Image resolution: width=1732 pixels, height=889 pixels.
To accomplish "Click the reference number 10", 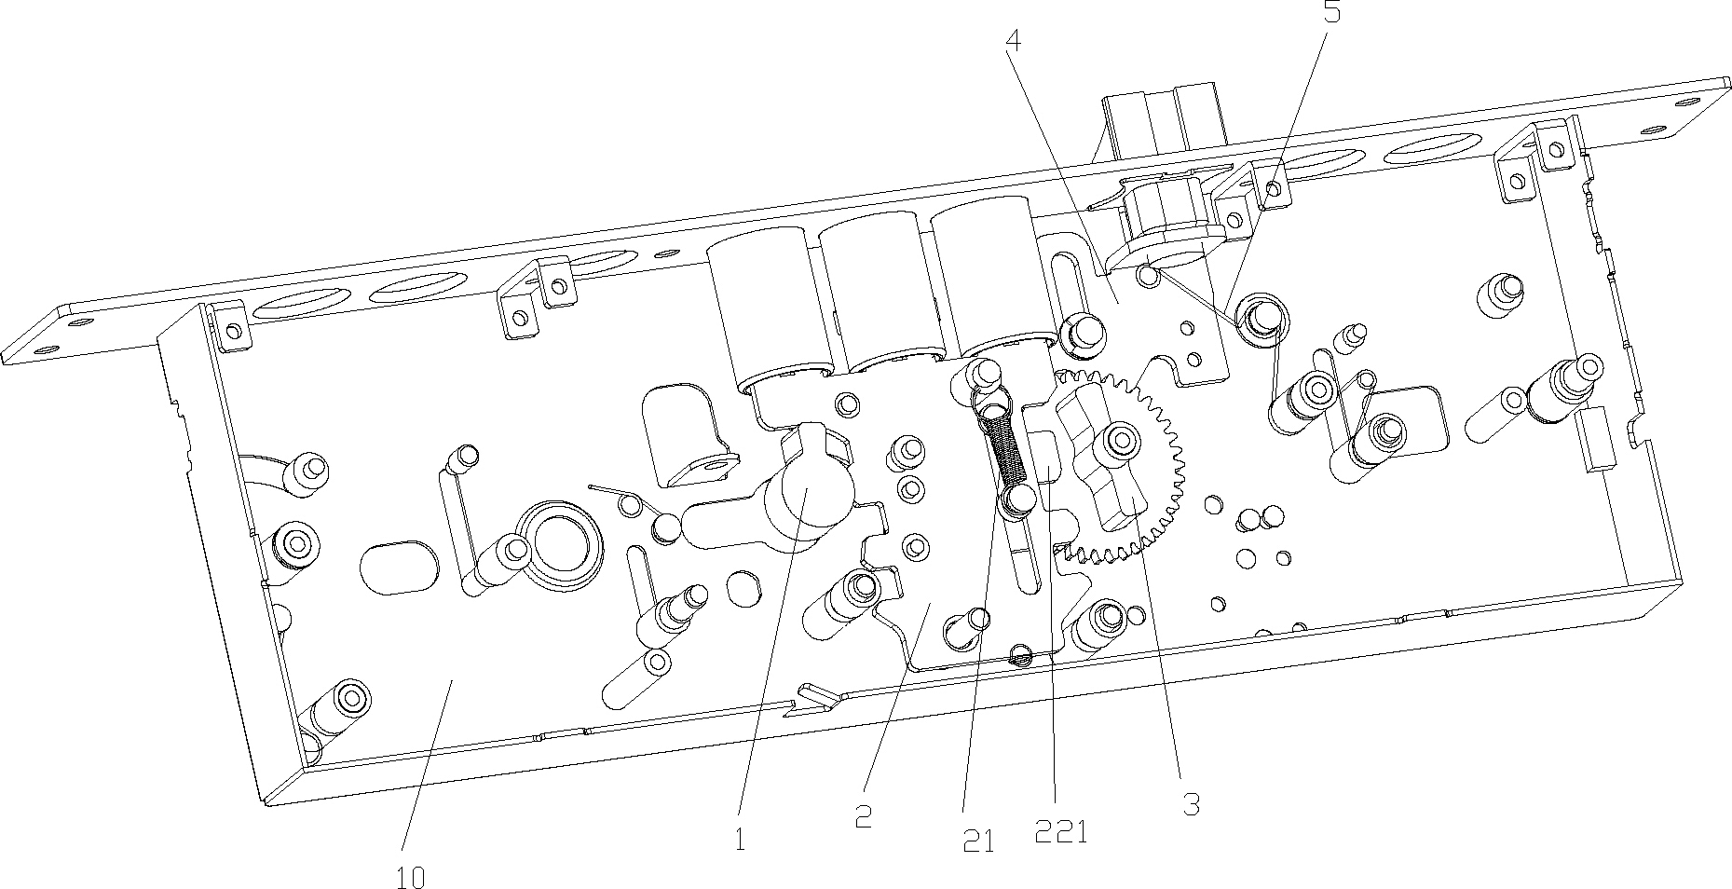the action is tap(411, 877).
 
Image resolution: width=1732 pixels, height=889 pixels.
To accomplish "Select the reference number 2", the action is tap(864, 816).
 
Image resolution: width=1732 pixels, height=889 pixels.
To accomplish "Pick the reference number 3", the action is tap(1192, 804).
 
